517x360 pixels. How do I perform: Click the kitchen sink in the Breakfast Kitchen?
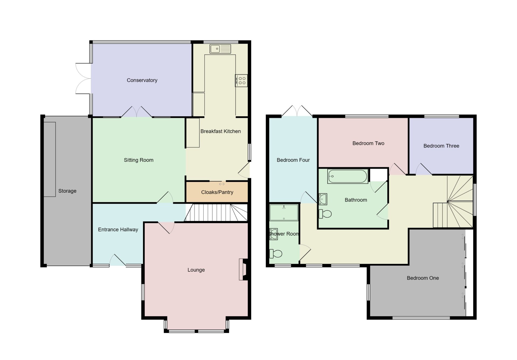coord(220,49)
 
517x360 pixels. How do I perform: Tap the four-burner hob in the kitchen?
coord(241,80)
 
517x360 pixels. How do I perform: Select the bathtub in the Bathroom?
coord(348,176)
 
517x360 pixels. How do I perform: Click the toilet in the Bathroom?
coord(325,214)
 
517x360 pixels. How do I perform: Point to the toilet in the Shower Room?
coord(276,253)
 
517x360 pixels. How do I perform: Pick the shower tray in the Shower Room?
coord(284,213)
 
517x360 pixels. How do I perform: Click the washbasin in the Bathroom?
coord(323,199)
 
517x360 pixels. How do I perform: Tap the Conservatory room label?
coord(142,80)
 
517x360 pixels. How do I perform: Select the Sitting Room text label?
coord(138,160)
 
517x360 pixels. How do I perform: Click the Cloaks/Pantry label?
coord(217,192)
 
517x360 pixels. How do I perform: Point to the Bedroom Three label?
coord(441,146)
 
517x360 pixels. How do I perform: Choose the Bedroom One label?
coord(423,278)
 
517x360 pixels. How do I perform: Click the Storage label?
coord(67,191)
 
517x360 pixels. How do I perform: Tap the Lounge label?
coord(196,270)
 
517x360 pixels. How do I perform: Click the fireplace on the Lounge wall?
coord(243,270)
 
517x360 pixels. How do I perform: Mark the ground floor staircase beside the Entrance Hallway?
coord(216,213)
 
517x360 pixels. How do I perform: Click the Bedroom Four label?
coord(293,160)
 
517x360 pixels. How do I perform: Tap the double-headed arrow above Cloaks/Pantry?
coord(222,184)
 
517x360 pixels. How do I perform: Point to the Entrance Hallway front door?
coord(118,260)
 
